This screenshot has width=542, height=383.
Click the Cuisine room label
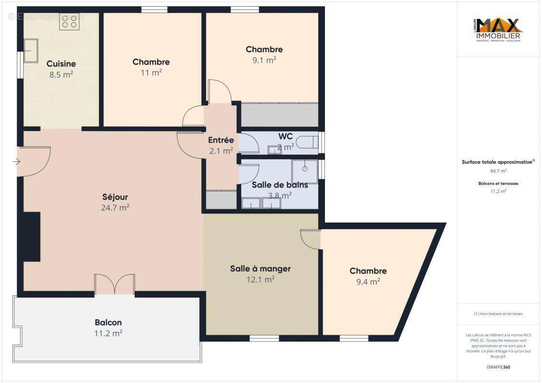(61, 64)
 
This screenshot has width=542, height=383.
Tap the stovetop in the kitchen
(69, 22)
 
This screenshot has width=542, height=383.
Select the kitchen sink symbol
(31, 51)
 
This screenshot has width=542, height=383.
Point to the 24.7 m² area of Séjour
(115, 208)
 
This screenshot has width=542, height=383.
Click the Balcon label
(108, 322)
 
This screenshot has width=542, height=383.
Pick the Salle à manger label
(260, 269)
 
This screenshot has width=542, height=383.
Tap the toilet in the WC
(307, 142)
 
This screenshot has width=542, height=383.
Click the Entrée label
(221, 140)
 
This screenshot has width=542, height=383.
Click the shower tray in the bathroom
(304, 171)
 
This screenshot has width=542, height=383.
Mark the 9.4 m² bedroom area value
(368, 282)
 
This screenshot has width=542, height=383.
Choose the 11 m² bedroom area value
(150, 73)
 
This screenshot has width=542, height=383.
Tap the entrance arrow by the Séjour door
(16, 162)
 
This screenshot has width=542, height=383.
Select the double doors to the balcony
(115, 284)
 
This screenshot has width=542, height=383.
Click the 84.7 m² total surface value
(498, 171)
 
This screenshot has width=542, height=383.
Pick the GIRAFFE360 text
(498, 367)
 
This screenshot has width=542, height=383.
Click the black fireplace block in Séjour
(32, 237)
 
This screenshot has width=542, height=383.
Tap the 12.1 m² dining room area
(260, 280)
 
